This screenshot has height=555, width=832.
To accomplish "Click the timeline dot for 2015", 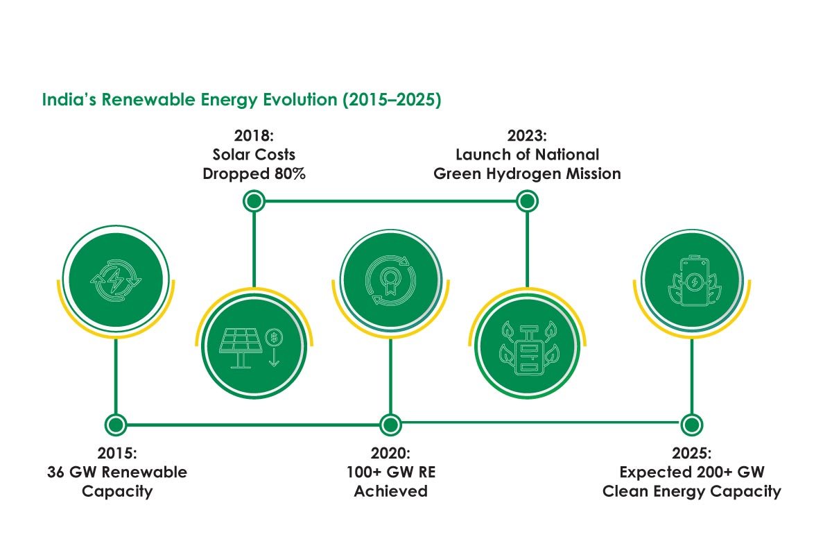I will tap(115, 424).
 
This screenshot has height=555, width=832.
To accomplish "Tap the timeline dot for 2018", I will tap(254, 202).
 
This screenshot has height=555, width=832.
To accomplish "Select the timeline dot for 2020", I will tap(390, 424).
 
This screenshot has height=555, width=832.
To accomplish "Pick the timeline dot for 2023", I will tap(527, 202).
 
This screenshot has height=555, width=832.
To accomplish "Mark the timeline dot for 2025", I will tap(690, 424).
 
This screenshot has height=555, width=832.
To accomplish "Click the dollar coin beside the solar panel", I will tap(275, 337).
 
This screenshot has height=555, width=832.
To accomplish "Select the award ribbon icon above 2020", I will tap(390, 279).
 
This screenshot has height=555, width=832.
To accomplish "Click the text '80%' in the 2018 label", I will tap(288, 173).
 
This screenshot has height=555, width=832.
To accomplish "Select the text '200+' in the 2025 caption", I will tap(723, 472).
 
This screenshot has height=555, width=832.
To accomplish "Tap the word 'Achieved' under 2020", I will tap(390, 491).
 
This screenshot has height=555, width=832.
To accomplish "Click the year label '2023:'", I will tap(527, 135).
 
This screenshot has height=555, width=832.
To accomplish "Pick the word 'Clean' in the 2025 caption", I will tap(624, 491).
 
